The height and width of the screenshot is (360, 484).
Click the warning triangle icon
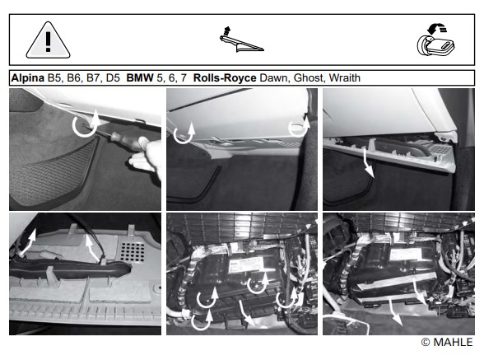coord(48,40)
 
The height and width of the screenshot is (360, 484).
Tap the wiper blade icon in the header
coord(241,40)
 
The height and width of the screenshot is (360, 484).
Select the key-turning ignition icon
coord(435,41)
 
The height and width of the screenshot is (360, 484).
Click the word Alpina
coord(28,77)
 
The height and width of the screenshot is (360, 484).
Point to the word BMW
coord(140,77)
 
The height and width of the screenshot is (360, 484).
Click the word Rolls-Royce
coord(225,77)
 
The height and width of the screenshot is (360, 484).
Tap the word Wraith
coord(344,77)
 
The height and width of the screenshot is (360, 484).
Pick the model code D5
coord(113,77)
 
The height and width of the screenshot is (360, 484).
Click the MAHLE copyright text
coord(447,342)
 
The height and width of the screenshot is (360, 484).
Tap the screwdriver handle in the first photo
coord(123,139)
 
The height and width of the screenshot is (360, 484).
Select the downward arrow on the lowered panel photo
coord(368,162)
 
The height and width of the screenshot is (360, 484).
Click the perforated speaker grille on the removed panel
coord(132,252)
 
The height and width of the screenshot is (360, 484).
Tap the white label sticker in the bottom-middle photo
coord(246,265)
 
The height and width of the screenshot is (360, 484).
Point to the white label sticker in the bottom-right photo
coord(406,255)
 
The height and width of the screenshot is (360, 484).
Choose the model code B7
coord(94,77)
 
